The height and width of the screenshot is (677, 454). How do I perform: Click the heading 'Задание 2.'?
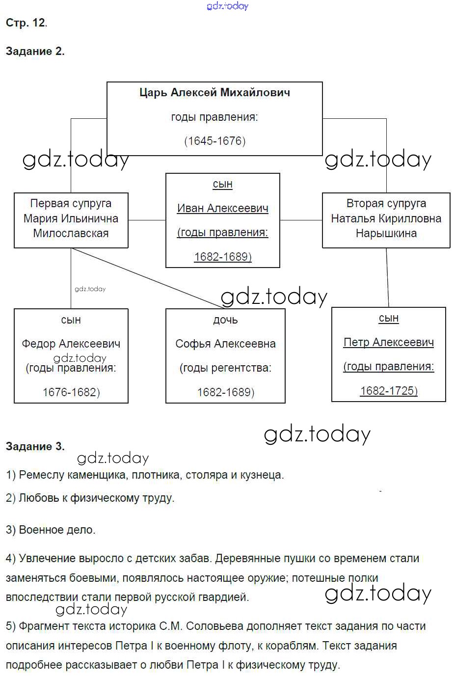pos(35,51)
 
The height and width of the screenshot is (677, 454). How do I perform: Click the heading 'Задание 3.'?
pos(35,446)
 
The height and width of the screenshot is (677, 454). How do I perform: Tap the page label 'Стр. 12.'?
pos(27,23)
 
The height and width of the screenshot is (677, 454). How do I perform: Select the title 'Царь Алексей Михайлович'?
pos(214,92)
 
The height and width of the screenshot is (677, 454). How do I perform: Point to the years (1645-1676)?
pos(214,141)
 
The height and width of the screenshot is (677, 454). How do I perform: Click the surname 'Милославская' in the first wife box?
pos(71,233)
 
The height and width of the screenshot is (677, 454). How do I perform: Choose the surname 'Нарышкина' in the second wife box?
pos(386,233)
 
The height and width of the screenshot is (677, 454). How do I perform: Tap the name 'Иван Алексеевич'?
pos(222,208)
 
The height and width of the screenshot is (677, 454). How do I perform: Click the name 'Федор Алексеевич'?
pos(71,344)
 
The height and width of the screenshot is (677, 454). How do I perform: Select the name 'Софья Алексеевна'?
pos(225,344)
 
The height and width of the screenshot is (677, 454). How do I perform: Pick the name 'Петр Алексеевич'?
pos(388,342)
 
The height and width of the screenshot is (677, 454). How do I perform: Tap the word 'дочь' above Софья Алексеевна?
pos(225,320)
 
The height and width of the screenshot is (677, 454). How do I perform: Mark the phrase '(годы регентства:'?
pos(225,368)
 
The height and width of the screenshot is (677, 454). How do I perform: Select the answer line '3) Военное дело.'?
pos(51,530)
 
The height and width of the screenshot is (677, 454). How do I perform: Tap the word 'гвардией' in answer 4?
pos(227,597)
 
